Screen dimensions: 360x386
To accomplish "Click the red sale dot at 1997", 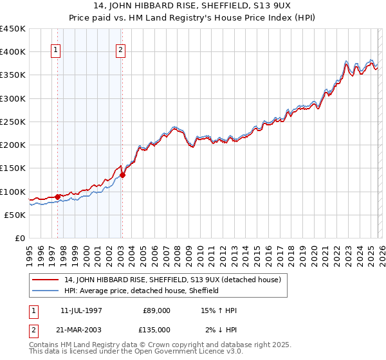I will pyautogui.click(x=57, y=197).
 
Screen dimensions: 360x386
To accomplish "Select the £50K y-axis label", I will pyautogui.click(x=15, y=215).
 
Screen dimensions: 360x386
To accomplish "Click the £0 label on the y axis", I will pyautogui.click(x=21, y=238).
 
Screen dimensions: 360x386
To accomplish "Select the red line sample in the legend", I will pyautogui.click(x=46, y=280).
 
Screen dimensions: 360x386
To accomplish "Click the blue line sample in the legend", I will pyautogui.click(x=46, y=291).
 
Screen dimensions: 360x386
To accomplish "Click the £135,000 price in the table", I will pyautogui.click(x=155, y=330).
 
